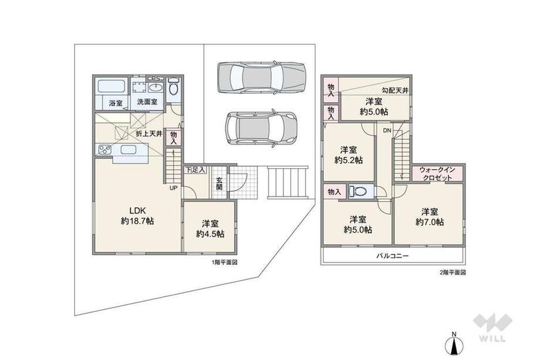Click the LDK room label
(138, 210)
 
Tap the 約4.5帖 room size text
(210, 234)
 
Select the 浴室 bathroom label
(116, 103)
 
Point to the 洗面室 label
(147, 102)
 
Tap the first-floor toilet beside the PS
(173, 87)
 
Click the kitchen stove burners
(104, 150)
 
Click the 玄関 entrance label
(220, 184)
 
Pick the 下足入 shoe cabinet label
(195, 170)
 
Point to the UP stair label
(173, 188)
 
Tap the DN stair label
(387, 130)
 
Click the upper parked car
(261, 78)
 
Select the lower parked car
(261, 129)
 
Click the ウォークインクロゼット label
(437, 174)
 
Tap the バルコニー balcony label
(392, 256)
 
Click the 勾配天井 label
(394, 90)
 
